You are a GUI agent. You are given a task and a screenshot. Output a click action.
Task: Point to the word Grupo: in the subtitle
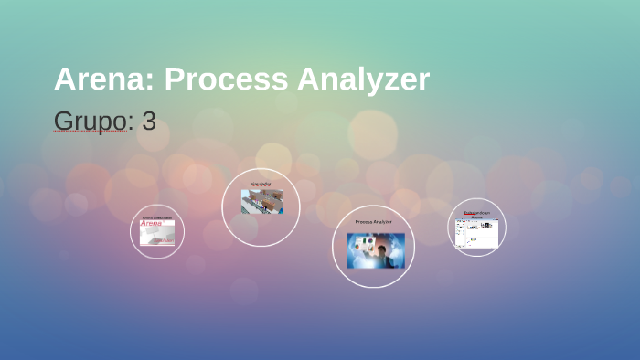point(91,121)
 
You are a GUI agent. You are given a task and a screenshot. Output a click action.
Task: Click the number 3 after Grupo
point(149,121)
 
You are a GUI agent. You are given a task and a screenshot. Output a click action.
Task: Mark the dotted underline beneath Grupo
point(91,132)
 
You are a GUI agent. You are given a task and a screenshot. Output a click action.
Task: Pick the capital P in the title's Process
point(174,80)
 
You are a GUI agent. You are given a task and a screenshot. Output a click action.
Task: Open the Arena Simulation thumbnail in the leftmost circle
point(157,233)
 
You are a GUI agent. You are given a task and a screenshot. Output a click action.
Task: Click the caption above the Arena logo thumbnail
point(157,218)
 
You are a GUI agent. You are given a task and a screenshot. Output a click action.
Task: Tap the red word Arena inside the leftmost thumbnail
point(151,224)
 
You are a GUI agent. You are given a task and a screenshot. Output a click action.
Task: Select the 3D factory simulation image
point(261,202)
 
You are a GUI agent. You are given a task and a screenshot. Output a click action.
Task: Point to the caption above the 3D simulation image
point(261,185)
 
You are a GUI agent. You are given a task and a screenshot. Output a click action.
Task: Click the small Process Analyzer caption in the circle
point(373,222)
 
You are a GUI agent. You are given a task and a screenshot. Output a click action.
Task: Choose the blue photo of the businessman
point(375,250)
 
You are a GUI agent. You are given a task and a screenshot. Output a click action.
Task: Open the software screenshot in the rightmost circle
point(476,234)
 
